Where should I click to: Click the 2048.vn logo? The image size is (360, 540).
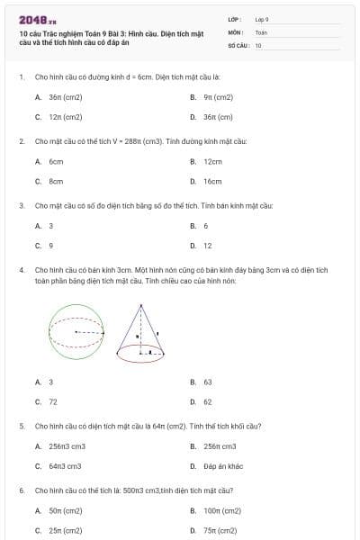point(38,19)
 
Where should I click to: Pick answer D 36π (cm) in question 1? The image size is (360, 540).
point(217,117)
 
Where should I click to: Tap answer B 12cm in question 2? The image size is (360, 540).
point(212,162)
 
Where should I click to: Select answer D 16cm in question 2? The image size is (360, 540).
point(212,181)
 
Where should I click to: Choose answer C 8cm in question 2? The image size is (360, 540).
point(55,181)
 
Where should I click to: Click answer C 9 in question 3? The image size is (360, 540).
point(50,245)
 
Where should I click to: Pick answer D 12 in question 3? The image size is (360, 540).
point(207,245)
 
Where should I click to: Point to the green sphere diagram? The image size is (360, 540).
point(76,332)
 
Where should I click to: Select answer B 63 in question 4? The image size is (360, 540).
point(207,382)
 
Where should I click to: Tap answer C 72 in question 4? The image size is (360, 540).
point(52,401)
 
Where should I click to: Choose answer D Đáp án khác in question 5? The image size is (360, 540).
point(222,466)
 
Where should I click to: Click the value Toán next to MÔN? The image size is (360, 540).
point(261,31)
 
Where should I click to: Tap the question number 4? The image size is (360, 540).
point(21,269)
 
